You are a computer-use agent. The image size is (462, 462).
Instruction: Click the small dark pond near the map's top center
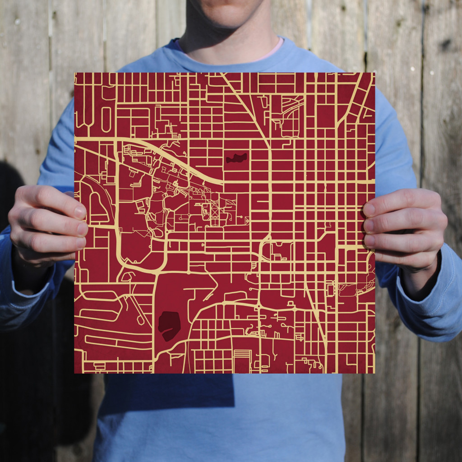[237, 158]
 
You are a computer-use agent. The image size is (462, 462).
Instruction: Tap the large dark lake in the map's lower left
[169, 325]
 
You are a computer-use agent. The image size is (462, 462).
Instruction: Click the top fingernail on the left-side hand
[80, 212]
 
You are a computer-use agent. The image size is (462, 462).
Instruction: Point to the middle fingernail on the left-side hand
[82, 229]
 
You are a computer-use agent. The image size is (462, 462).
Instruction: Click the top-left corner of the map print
[75, 74]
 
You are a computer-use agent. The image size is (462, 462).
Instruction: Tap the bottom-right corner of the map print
[374, 372]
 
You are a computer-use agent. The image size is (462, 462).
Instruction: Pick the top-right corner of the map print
[374, 74]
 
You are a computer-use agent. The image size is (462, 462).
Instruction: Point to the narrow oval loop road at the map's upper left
[106, 119]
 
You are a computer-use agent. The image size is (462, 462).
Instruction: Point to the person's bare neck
[226, 36]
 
